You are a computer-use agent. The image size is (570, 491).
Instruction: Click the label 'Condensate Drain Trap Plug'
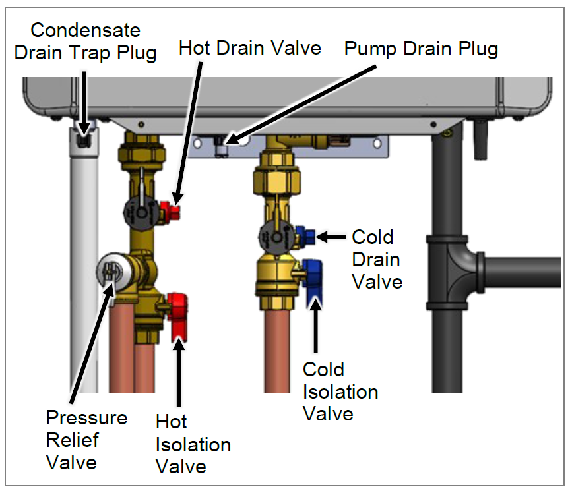[x=85, y=41]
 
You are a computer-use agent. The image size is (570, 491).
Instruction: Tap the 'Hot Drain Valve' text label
[x=250, y=48]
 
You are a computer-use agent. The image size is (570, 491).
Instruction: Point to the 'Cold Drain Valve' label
[x=376, y=259]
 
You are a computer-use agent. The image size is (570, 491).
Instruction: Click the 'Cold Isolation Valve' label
[x=340, y=391]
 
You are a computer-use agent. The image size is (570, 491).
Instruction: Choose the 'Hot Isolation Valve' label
[x=193, y=444]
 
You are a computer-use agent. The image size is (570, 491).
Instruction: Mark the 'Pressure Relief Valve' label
[x=86, y=440]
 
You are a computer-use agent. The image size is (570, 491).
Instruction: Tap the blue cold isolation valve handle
[x=315, y=279]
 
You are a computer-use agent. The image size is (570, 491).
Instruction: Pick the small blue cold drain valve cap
[x=305, y=234]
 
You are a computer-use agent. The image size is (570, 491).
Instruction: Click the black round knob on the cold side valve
[x=274, y=235]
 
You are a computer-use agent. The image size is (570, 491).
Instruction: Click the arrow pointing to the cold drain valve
[x=333, y=235]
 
